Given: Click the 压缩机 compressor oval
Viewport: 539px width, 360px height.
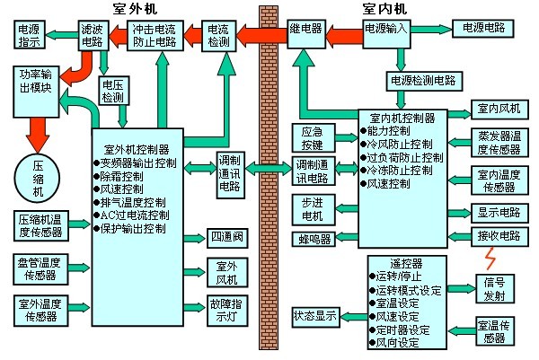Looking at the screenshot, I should pos(38,173).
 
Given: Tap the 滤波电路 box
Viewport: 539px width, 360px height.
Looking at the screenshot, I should pos(92,36).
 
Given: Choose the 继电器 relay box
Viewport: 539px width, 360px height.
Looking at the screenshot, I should pos(305,30).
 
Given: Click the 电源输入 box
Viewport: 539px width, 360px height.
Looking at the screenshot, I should pos(386,30).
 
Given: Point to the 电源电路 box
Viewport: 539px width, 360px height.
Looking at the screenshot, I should pos(483,30).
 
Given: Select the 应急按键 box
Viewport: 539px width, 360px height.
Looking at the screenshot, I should pos(312,136).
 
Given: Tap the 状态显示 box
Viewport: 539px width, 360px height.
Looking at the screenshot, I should pos(314,316).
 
